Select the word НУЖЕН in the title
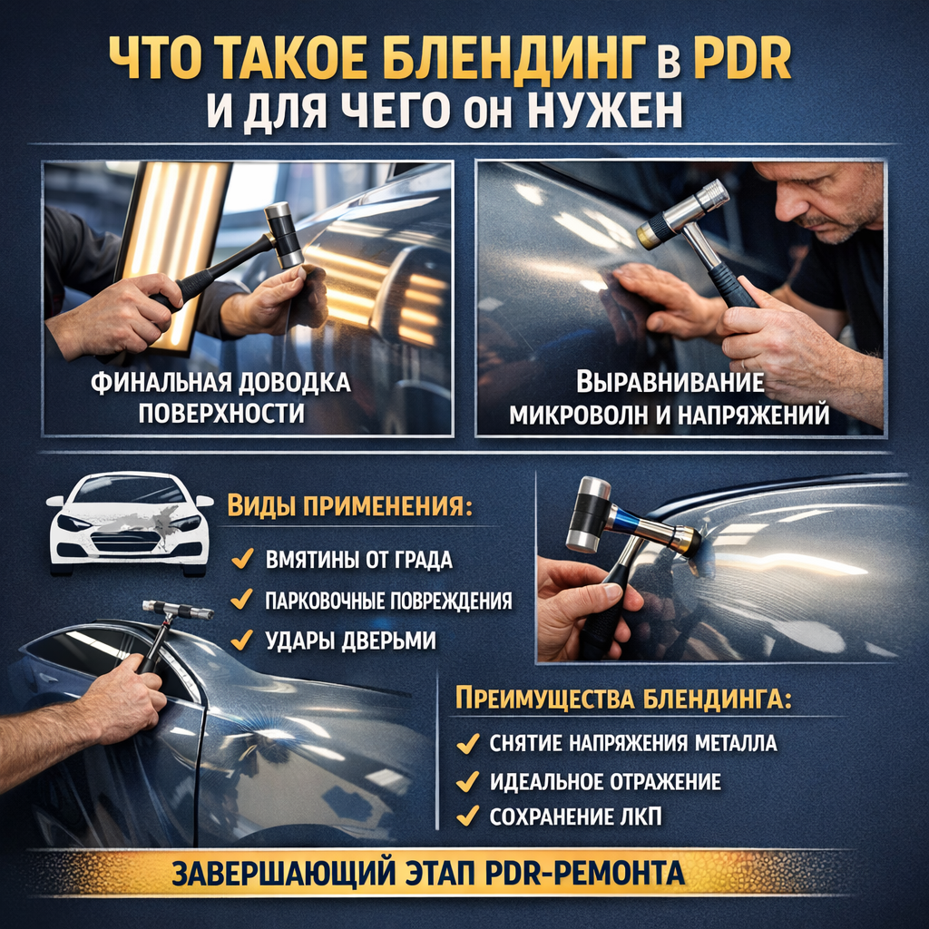click(603, 110)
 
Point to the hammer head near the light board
click(283, 235)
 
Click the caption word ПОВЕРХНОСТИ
click(221, 413)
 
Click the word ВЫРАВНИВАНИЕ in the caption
click(670, 382)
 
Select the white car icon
click(130, 523)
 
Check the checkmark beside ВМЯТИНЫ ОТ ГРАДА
click(242, 558)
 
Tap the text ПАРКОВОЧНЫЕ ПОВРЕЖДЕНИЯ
click(388, 601)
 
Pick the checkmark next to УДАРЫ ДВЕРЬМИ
click(241, 640)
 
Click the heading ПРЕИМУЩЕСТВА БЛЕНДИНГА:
click(623, 699)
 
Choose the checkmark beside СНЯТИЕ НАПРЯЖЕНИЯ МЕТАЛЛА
click(468, 743)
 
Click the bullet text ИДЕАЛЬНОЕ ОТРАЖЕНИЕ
click(605, 781)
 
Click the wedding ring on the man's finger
click(743, 363)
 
